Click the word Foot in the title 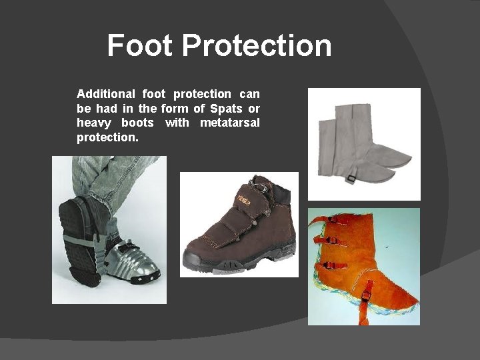[139, 46]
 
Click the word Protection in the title [257, 46]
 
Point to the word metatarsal [230, 123]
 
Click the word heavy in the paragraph [93, 123]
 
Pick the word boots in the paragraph [137, 123]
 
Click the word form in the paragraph [174, 109]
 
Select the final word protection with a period [108, 137]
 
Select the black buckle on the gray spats [350, 178]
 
